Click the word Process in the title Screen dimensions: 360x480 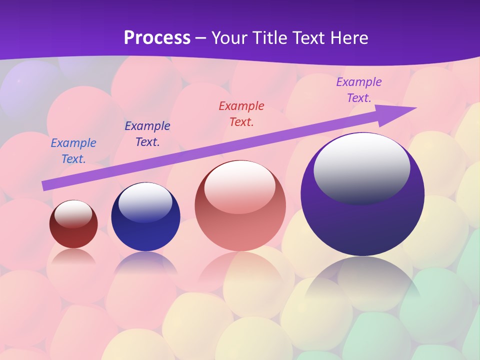click(157, 38)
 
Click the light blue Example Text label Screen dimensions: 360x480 click(73, 151)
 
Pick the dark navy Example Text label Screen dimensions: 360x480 click(147, 134)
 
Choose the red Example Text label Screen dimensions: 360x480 click(241, 113)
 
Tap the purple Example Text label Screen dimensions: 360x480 click(359, 90)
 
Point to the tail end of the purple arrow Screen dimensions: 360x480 click(46, 185)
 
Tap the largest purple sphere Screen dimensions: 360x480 click(362, 225)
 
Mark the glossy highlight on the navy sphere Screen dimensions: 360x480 click(145, 201)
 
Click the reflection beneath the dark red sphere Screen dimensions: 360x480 click(73, 257)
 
